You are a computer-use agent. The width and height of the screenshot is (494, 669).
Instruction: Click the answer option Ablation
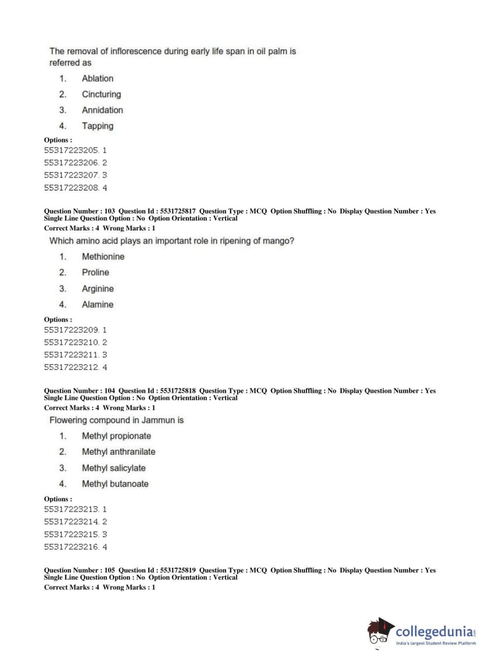[97, 78]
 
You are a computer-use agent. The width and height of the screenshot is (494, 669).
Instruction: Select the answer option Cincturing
[101, 94]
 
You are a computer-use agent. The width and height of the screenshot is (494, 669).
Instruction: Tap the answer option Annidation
[102, 110]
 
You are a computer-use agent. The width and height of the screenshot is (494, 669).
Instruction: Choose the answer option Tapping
[97, 126]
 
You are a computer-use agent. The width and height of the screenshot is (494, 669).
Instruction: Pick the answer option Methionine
[103, 257]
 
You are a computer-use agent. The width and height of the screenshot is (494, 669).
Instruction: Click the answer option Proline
[95, 272]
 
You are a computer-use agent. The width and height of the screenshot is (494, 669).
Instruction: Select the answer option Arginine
[97, 289]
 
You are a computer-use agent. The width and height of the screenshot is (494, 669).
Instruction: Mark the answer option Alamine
[97, 304]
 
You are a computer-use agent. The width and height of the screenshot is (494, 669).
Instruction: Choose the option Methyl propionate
[116, 436]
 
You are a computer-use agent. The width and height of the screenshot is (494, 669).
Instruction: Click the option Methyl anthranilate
[118, 452]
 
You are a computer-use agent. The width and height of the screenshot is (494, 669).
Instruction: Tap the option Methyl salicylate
[114, 468]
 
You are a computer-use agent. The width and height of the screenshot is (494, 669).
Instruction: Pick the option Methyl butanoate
[115, 484]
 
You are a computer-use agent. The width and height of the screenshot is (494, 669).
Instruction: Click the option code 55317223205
[72, 150]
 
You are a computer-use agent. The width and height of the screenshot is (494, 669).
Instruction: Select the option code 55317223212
[72, 367]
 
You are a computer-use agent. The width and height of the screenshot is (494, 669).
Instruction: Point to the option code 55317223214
[72, 521]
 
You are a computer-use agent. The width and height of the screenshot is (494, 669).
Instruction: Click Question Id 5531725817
[177, 211]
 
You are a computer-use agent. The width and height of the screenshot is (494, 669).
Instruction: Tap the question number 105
[109, 570]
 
